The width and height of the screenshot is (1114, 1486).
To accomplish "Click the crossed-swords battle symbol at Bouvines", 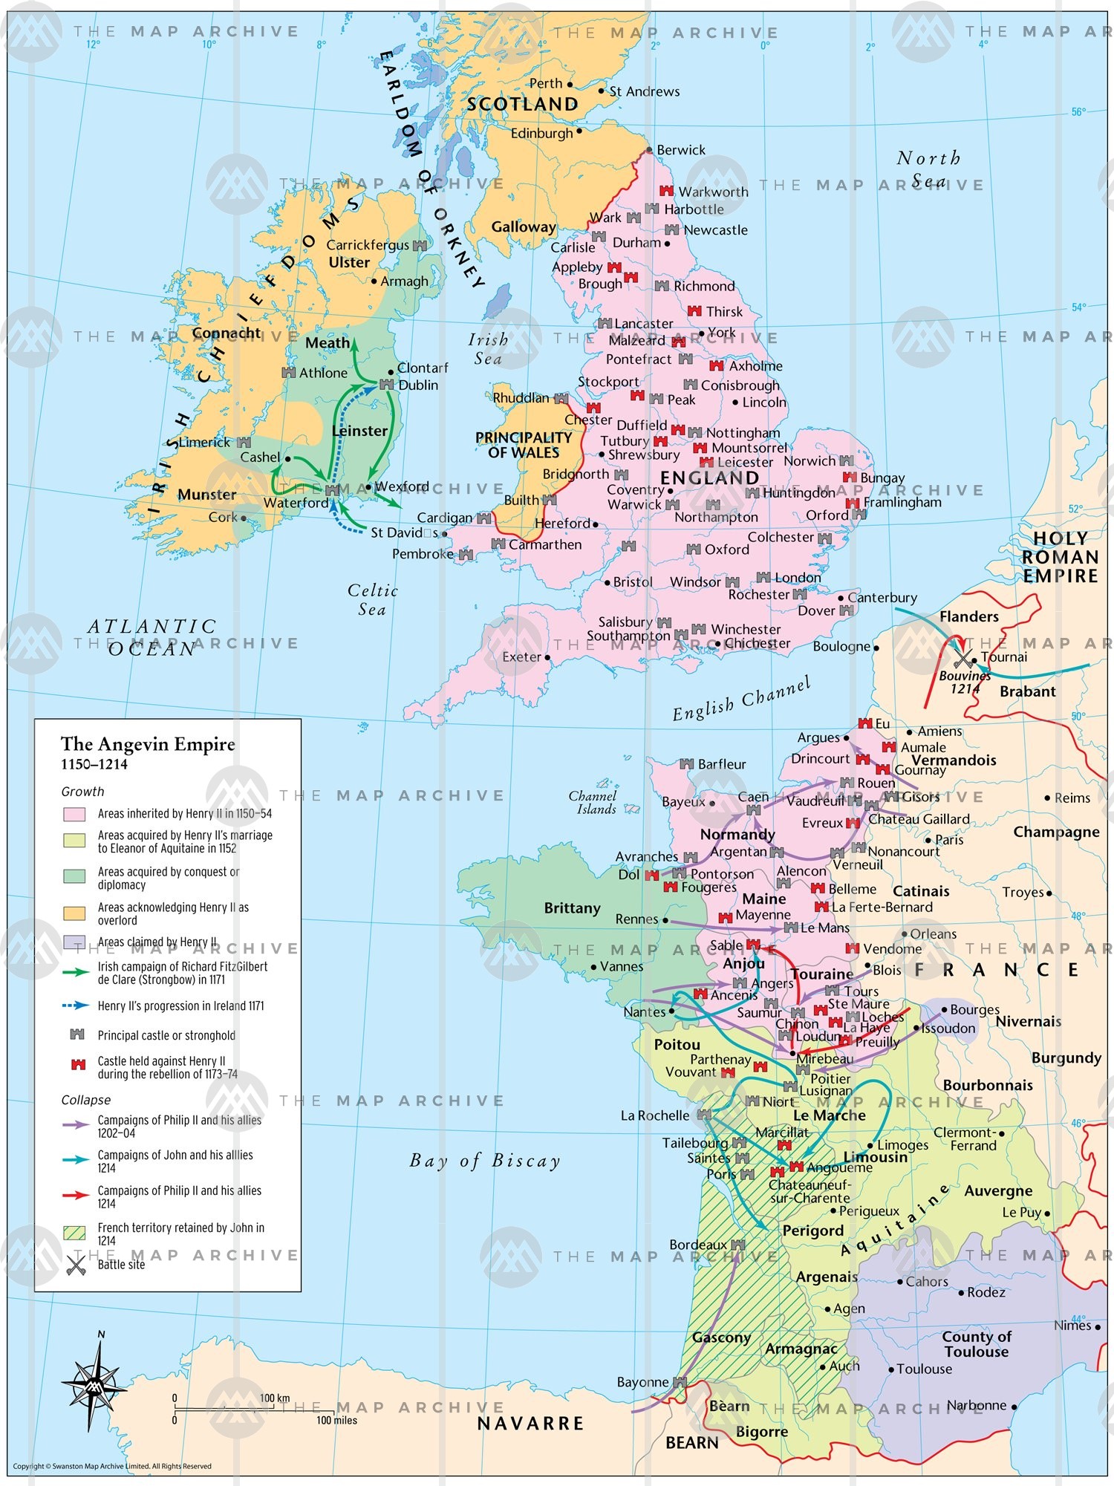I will pyautogui.click(x=963, y=659).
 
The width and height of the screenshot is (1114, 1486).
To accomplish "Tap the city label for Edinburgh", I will pyautogui.click(x=541, y=134).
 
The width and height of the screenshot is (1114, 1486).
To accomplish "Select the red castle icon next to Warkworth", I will pyautogui.click(x=666, y=192).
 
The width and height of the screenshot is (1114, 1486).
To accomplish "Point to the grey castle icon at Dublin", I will pyautogui.click(x=386, y=384).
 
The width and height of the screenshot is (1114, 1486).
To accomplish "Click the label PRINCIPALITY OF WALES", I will pyautogui.click(x=523, y=445).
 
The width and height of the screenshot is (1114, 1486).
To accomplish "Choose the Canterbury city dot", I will pyautogui.click(x=841, y=598).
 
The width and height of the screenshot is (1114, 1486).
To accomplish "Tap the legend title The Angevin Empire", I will pyautogui.click(x=148, y=744).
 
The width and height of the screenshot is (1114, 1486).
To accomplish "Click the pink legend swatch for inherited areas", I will pyautogui.click(x=74, y=814).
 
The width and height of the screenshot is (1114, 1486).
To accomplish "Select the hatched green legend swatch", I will pyautogui.click(x=74, y=1234).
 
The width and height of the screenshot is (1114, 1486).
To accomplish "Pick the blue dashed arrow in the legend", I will pyautogui.click(x=76, y=1006).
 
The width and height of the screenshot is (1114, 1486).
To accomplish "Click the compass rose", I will pyautogui.click(x=94, y=1385).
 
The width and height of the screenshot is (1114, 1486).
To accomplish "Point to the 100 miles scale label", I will pyautogui.click(x=336, y=1421).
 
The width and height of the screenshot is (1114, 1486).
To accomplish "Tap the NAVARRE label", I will pyautogui.click(x=530, y=1424).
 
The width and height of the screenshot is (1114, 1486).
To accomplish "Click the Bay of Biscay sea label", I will pyautogui.click(x=485, y=1161).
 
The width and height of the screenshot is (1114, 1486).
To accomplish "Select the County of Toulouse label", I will pyautogui.click(x=976, y=1344).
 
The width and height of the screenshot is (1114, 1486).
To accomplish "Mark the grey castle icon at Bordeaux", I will pyautogui.click(x=737, y=1245).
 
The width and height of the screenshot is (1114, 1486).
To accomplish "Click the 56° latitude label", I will pyautogui.click(x=1078, y=112).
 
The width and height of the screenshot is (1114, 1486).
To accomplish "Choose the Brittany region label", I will pyautogui.click(x=572, y=908).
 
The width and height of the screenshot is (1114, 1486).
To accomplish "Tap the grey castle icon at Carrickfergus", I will pyautogui.click(x=420, y=245).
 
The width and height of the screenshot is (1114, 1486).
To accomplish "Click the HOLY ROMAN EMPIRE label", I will pyautogui.click(x=1060, y=557).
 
